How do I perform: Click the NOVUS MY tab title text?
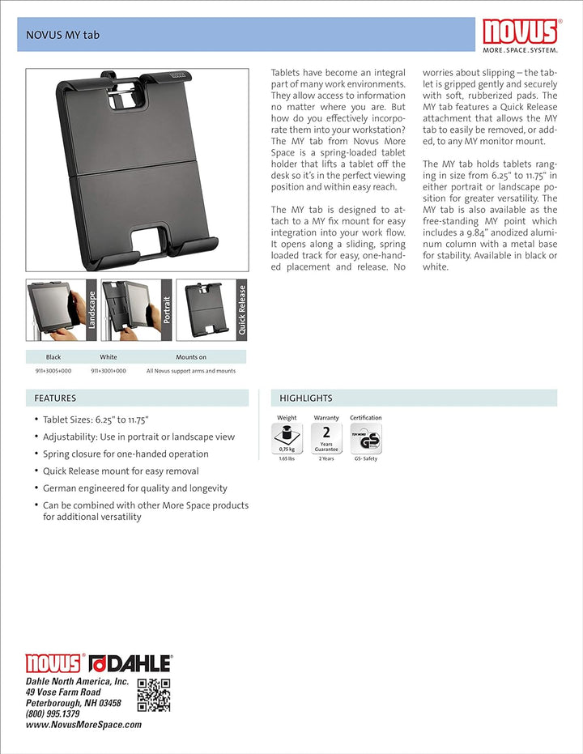point(63,35)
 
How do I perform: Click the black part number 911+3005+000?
point(53,371)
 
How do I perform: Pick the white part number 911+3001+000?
point(109,371)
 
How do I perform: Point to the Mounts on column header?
point(191,357)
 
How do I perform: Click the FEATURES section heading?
point(55,398)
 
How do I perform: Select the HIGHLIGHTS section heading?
point(306,398)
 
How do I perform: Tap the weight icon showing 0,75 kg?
point(287,438)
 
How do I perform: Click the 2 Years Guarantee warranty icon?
point(326,438)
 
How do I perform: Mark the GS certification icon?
point(366,438)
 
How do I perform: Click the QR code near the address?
point(154,695)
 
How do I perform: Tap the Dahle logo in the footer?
point(130,663)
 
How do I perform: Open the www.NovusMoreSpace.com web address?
point(83,725)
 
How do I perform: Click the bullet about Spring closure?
point(126,454)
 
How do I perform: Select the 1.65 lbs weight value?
point(287,459)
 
